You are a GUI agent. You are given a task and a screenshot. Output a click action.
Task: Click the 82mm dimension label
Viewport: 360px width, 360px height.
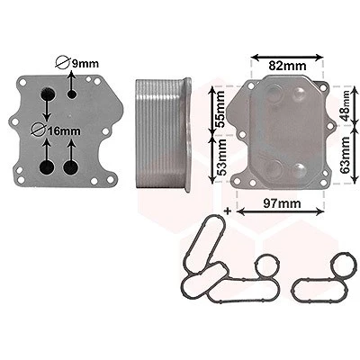pyautogui.click(x=287, y=66)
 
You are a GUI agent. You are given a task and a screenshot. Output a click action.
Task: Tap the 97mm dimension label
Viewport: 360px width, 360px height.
pyautogui.click(x=282, y=203)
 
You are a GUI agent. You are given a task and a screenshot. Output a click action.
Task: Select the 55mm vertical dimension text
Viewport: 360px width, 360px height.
pyautogui.click(x=220, y=109)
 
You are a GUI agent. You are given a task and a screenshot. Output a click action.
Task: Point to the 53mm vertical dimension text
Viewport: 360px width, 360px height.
pyautogui.click(x=221, y=157)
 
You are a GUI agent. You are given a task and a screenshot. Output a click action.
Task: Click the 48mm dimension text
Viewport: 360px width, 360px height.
pyautogui.click(x=345, y=105)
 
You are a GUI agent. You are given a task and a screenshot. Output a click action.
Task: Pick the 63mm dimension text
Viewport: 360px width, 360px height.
pyautogui.click(x=346, y=155)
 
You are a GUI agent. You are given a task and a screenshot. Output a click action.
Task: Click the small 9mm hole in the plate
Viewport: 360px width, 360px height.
pyautogui.click(x=72, y=94)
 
